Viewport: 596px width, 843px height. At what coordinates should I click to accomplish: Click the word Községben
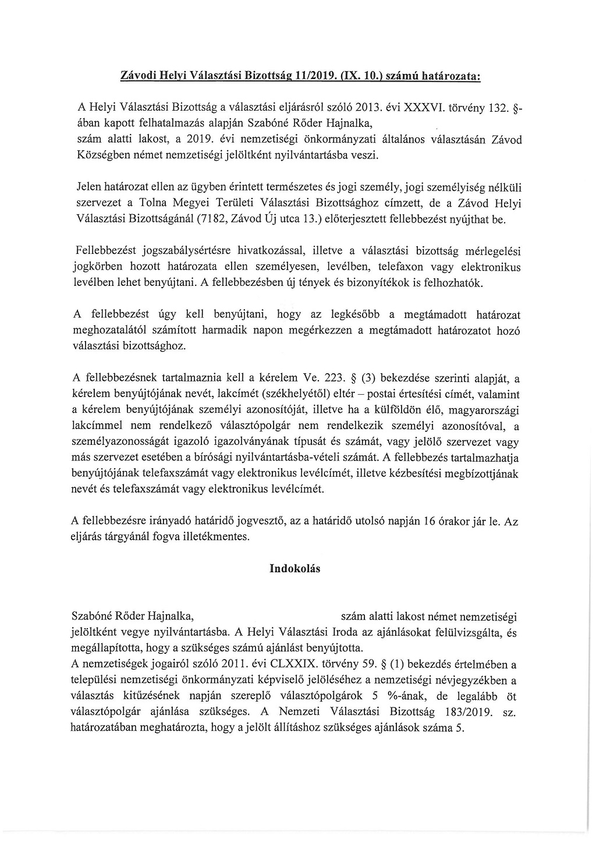pyautogui.click(x=105, y=155)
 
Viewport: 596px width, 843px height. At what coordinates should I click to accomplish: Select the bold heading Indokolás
pyautogui.click(x=295, y=569)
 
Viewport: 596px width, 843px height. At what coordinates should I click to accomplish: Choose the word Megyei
pyautogui.click(x=200, y=204)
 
